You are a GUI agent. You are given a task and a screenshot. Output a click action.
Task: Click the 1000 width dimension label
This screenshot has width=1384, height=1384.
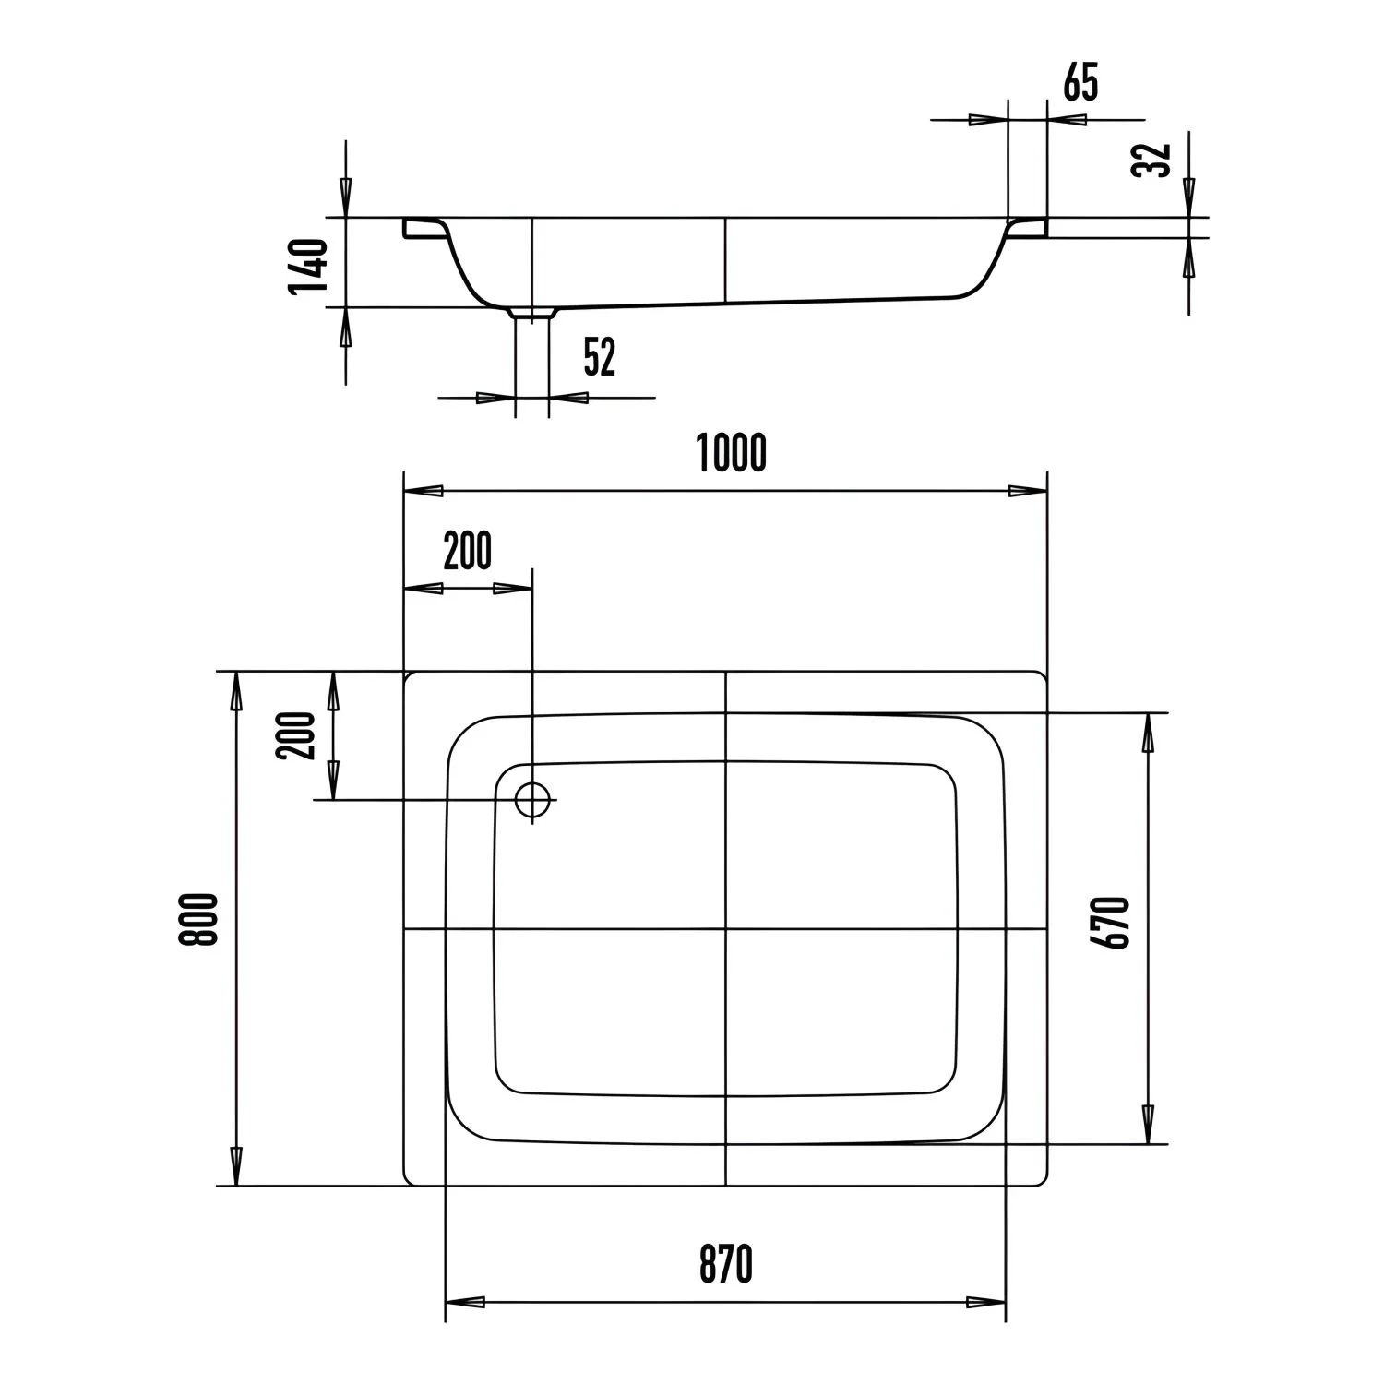pos(731,452)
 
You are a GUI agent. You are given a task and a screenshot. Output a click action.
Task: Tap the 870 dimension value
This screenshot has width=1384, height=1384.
pos(725,1263)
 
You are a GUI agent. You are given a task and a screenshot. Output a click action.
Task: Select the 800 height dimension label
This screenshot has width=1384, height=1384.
pos(200,919)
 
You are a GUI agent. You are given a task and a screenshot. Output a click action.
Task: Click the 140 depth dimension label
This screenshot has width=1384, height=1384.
pos(308,266)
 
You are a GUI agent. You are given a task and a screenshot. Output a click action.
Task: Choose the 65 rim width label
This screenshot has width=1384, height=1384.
pos(1080,83)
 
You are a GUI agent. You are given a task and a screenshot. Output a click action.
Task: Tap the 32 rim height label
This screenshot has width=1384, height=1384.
pos(1151,160)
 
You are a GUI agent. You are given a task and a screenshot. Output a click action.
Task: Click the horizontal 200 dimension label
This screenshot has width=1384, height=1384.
pos(468,552)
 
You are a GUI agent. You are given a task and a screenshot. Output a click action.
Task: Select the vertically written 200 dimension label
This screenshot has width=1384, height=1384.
pos(296,735)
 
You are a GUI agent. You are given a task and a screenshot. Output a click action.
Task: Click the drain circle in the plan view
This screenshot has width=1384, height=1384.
pos(532,799)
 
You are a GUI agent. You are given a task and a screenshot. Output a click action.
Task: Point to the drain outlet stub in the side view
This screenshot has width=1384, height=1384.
pos(531,315)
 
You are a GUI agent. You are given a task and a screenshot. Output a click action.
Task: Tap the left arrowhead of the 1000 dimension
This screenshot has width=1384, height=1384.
pos(424,491)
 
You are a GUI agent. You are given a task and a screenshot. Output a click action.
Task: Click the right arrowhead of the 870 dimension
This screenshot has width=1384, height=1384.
pos(987,1303)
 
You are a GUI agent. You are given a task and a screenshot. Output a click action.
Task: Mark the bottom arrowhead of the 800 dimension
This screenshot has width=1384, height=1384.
pos(236,1167)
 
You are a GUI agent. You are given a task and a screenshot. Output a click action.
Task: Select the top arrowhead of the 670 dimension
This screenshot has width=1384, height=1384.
pos(1149,732)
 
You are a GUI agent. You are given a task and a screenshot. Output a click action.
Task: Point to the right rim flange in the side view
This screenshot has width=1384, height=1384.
pos(1026,227)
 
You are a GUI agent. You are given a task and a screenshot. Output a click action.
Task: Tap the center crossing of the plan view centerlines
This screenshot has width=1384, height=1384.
pos(726,928)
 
